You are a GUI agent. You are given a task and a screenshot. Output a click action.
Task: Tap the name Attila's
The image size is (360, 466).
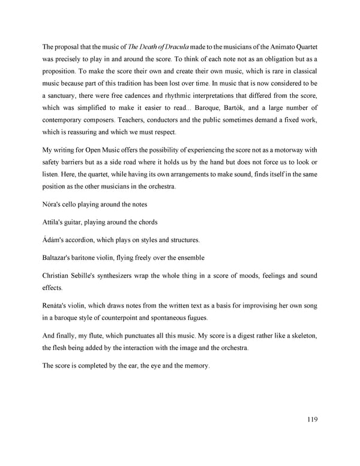tap(55, 222)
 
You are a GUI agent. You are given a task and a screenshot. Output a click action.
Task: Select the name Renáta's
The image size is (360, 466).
tap(58, 306)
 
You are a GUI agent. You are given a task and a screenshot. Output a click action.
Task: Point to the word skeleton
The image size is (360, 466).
tap(301, 336)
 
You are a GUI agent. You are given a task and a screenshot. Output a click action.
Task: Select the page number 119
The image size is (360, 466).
tap(309, 419)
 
